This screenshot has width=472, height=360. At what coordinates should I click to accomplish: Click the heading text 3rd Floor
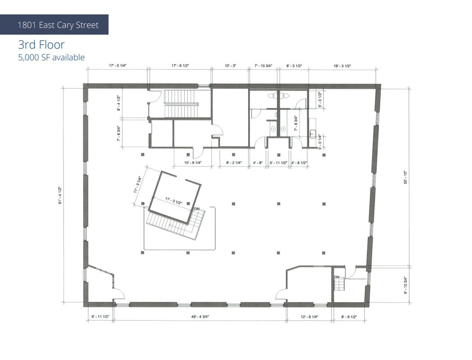(x=41, y=45)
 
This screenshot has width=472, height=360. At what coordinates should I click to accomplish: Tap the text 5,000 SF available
(x=51, y=57)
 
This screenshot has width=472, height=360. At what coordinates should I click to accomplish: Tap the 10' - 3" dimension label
(x=230, y=66)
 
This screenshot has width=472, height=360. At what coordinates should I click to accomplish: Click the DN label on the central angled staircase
(x=197, y=209)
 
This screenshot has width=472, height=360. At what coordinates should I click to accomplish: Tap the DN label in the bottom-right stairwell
(x=337, y=276)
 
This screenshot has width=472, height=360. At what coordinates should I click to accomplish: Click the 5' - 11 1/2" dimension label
(x=279, y=162)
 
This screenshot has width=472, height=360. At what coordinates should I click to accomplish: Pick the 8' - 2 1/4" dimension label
(x=234, y=162)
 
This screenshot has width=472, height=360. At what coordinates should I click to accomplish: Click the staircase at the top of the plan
(x=181, y=103)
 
